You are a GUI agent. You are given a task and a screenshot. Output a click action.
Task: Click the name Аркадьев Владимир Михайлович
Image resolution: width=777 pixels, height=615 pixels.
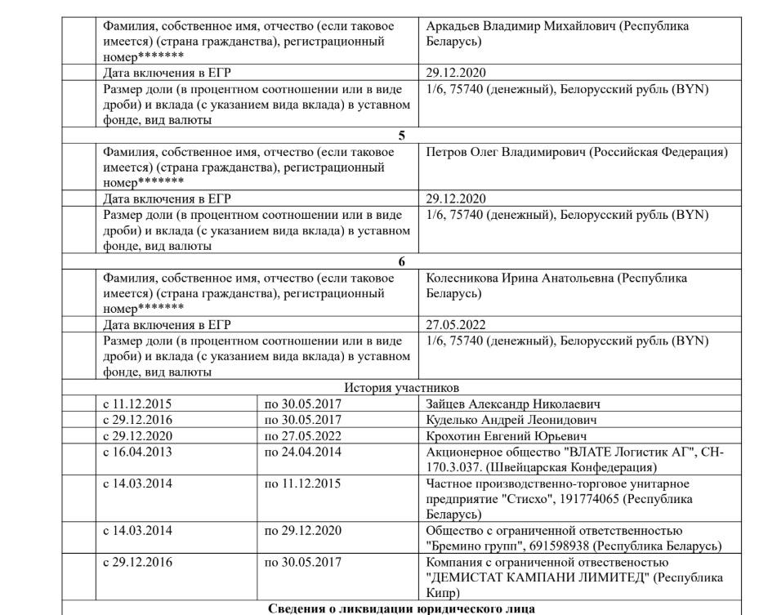(x=520, y=26)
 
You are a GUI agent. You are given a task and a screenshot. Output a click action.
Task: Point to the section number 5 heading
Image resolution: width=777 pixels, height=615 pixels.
(x=401, y=136)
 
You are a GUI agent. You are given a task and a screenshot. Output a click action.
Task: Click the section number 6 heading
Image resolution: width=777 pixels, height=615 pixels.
(x=401, y=261)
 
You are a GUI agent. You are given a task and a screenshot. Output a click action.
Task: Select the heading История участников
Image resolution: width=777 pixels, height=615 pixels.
(x=401, y=387)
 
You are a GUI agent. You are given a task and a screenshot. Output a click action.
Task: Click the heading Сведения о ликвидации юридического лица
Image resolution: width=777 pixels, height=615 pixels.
(x=401, y=608)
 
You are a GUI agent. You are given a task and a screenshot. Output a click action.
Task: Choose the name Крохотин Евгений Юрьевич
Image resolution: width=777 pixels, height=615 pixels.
(x=503, y=435)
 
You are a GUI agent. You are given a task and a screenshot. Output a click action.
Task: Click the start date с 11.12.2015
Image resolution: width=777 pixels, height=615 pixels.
(x=137, y=403)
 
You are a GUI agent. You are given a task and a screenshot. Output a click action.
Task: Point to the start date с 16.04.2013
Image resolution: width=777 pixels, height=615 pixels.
(x=137, y=452)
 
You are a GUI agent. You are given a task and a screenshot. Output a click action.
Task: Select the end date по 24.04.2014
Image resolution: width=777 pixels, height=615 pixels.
(x=302, y=452)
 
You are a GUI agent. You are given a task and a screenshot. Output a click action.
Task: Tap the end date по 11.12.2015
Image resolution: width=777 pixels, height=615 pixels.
(x=302, y=484)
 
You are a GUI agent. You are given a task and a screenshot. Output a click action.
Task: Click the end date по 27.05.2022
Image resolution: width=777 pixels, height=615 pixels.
(x=302, y=435)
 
